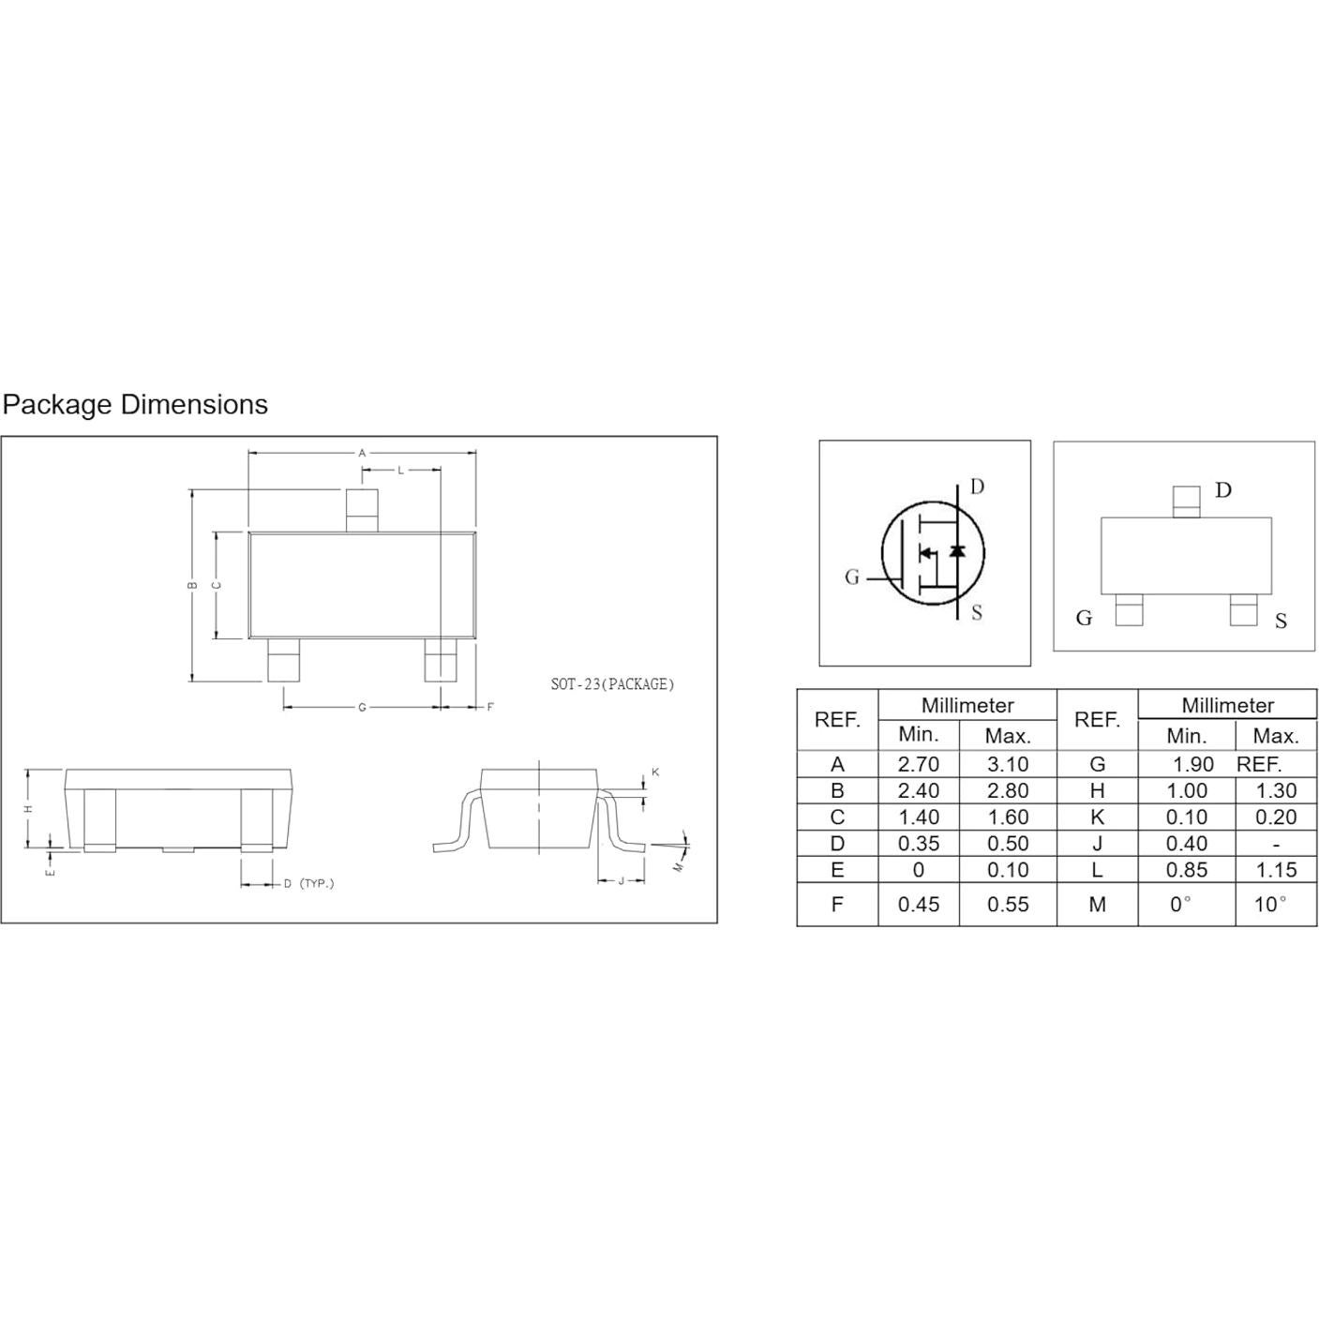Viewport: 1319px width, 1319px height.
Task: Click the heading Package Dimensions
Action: tap(135, 405)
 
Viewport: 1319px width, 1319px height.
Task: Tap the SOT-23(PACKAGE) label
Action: tap(612, 683)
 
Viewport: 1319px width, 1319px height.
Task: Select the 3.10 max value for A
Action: tap(1008, 764)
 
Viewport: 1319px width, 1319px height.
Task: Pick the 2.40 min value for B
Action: tap(918, 790)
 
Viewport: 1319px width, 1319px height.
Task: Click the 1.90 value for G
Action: tap(1193, 764)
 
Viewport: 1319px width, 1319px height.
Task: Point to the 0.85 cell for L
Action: tap(1187, 870)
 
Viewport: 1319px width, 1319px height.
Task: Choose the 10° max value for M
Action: tap(1270, 905)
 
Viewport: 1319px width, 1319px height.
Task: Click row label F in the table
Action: tap(837, 905)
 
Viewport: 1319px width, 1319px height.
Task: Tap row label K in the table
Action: tap(1097, 817)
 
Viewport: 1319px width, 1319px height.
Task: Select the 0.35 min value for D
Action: tap(918, 844)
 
